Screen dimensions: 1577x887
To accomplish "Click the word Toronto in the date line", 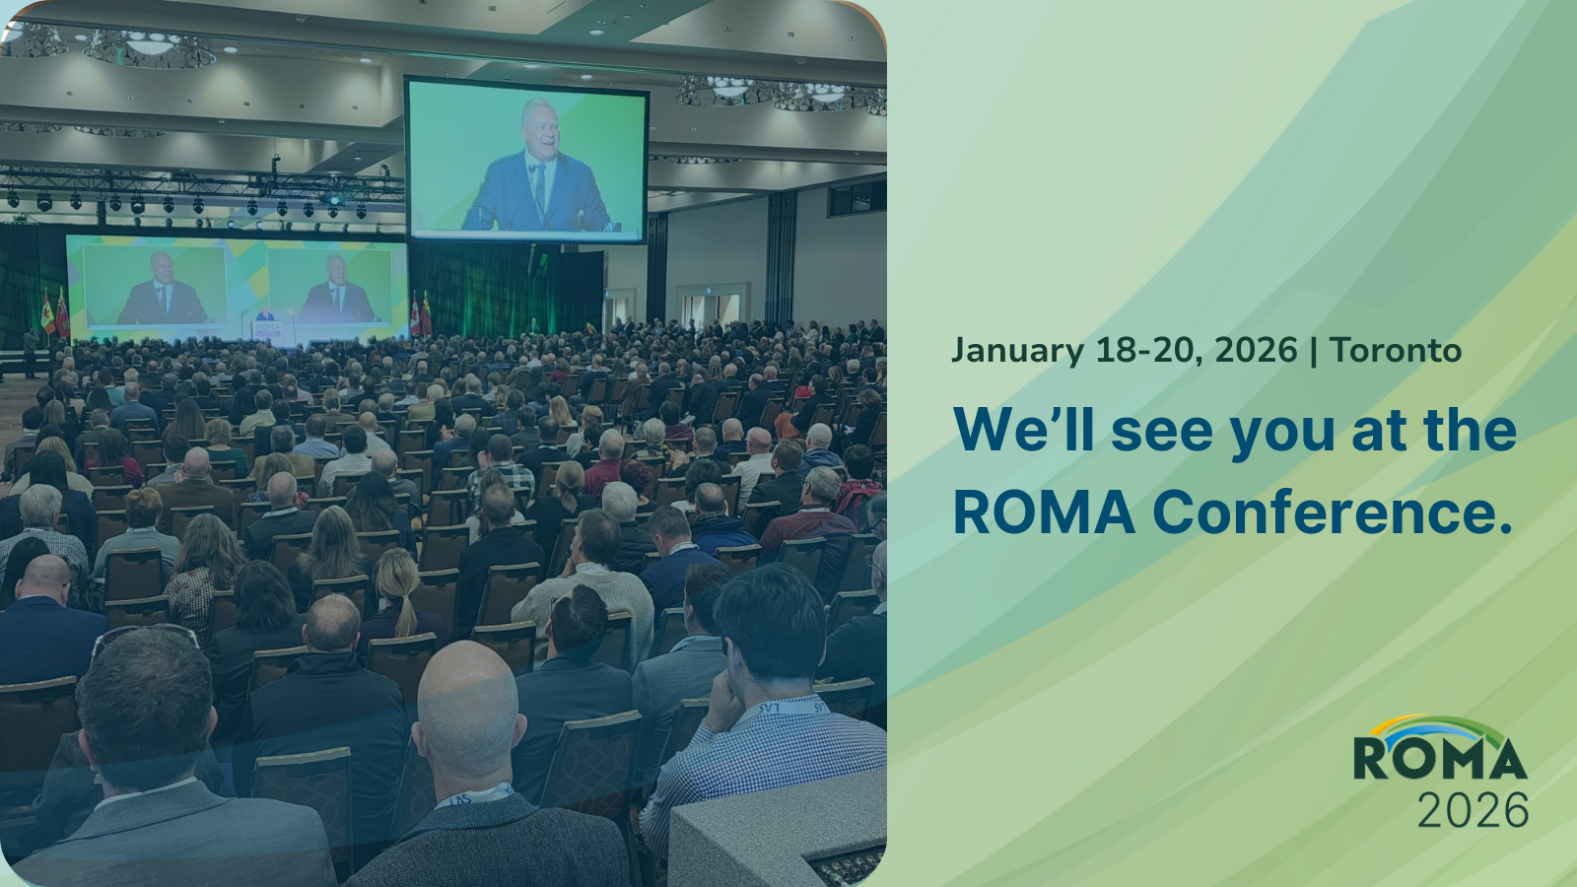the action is [1396, 351].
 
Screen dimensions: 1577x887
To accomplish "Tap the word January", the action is [1017, 351].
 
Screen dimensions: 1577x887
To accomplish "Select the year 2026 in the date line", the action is [1256, 351].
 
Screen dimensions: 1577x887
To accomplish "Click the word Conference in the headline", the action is [1332, 512].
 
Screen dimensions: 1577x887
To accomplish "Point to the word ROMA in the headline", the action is [1044, 512].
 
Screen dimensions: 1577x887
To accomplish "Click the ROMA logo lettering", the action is [1440, 759].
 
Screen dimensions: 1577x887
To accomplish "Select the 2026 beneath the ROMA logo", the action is [1473, 809].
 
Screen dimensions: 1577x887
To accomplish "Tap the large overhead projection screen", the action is [526, 160].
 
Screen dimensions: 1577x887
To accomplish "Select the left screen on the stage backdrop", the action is [155, 285].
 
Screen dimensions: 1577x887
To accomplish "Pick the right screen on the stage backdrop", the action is [330, 285].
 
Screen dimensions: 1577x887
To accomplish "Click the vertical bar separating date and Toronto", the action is [1314, 351].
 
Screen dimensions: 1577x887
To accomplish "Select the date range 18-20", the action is [1149, 351].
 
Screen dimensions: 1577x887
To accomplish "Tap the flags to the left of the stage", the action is [55, 314].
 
